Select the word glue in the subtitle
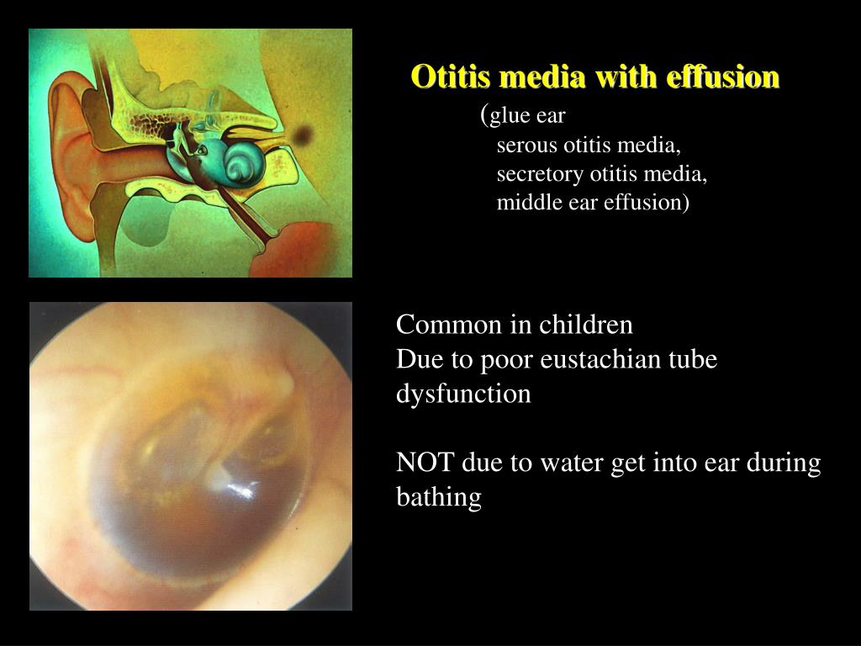coord(506,117)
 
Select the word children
coord(586,325)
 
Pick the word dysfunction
coord(463,394)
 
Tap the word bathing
coord(438,498)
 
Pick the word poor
coord(506,360)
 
